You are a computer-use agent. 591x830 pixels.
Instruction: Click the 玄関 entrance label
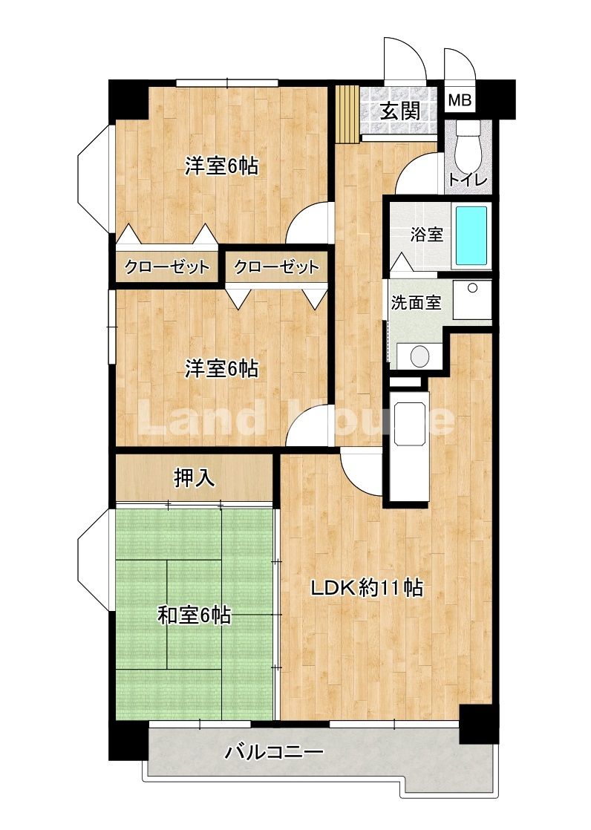pyautogui.click(x=401, y=111)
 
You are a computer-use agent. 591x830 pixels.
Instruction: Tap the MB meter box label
pyautogui.click(x=459, y=99)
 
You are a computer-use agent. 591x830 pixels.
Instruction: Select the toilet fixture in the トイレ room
pyautogui.click(x=468, y=143)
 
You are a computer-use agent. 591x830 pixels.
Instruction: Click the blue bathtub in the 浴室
pyautogui.click(x=471, y=235)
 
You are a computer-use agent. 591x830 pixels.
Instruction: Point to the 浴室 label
pyautogui.click(x=426, y=235)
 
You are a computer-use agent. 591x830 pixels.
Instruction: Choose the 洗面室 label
pyautogui.click(x=417, y=303)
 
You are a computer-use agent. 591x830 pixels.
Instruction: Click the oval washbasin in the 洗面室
pyautogui.click(x=420, y=356)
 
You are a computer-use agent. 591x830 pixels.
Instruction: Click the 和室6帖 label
pyautogui.click(x=195, y=615)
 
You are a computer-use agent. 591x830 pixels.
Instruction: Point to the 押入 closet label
pyautogui.click(x=195, y=478)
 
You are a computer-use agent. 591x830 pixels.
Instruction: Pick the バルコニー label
pyautogui.click(x=274, y=751)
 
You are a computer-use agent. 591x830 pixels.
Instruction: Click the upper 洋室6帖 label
pyautogui.click(x=221, y=166)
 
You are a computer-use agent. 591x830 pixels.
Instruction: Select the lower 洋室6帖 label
pyautogui.click(x=221, y=368)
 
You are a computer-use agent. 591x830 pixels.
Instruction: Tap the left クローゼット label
pyautogui.click(x=167, y=267)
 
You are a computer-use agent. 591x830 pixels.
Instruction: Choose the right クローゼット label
pyautogui.click(x=276, y=267)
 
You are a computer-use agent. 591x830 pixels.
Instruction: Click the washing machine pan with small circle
pyautogui.click(x=472, y=300)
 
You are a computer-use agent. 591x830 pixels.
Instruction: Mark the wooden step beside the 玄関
pyautogui.click(x=348, y=114)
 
